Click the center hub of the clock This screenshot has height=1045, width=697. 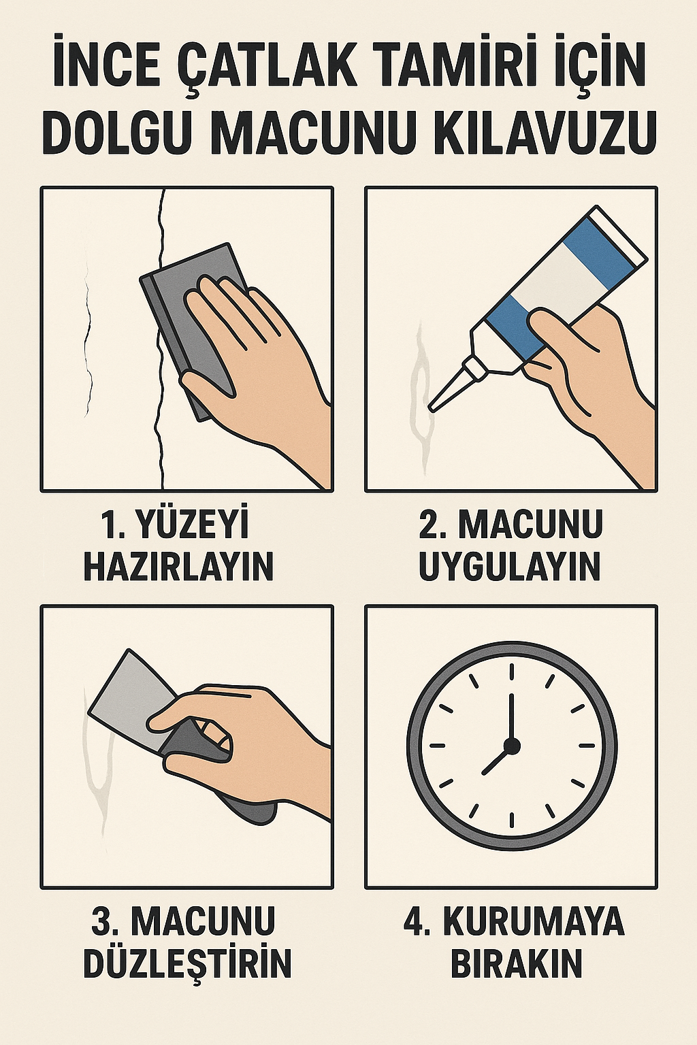coord(512,746)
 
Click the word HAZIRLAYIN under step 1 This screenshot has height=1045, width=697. coord(178,566)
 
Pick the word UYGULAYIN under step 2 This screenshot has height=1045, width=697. coord(510,566)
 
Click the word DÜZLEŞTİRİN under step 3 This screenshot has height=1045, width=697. coord(187,963)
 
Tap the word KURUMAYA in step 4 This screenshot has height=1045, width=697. coord(534,922)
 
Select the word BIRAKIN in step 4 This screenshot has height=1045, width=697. coord(517,963)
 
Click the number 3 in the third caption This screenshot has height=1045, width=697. coord(102,922)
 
